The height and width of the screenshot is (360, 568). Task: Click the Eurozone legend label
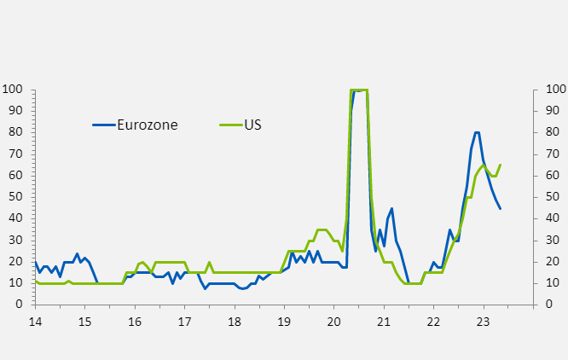point(148,125)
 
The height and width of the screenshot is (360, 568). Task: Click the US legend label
point(252,125)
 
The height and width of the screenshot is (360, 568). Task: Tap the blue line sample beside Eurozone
point(103,125)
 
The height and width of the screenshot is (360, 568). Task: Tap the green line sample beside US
point(230,125)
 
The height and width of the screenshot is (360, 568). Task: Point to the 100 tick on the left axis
point(14,89)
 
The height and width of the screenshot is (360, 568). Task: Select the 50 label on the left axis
point(17,197)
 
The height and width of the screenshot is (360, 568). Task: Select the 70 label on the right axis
point(552,154)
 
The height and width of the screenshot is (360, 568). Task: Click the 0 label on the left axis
point(20,305)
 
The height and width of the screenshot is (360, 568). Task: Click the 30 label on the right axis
point(552,240)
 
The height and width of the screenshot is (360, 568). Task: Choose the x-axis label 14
point(34,322)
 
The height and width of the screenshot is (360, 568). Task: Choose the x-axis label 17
point(184,322)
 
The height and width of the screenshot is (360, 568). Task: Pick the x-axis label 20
point(334,322)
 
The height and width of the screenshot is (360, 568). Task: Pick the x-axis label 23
point(484,322)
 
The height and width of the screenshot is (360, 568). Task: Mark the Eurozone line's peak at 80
point(477,132)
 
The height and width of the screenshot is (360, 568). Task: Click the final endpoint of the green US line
point(500,165)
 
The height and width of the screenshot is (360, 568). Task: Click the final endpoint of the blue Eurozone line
point(500,209)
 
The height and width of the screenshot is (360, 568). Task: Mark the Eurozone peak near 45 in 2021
point(391,208)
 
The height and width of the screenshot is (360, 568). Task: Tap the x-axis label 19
point(284,322)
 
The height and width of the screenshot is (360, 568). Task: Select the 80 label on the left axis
point(17,132)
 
